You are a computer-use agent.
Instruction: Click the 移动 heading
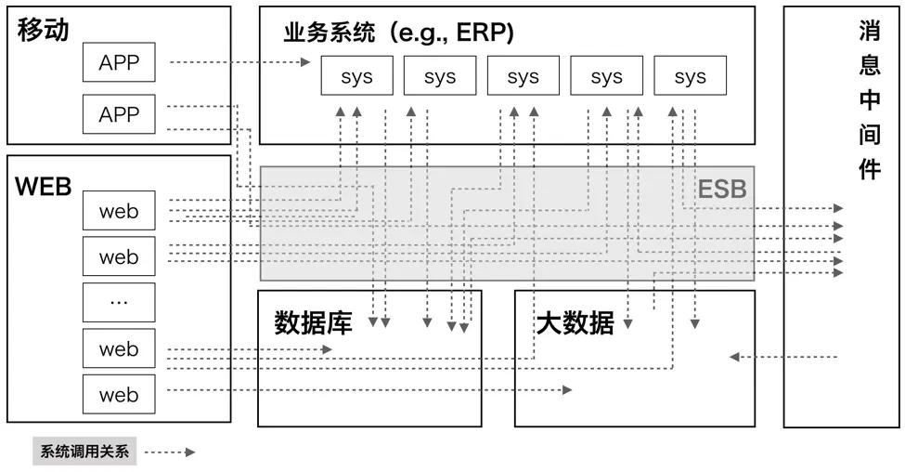coord(43,31)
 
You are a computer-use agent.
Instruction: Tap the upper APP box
coord(119,64)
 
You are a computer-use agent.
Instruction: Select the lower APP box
coord(119,115)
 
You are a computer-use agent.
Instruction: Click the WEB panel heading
coord(44,186)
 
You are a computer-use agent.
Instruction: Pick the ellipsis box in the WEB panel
coord(119,303)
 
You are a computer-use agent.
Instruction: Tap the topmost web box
coord(119,211)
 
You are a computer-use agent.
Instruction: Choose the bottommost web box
coord(119,395)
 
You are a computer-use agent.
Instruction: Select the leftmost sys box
coord(356,76)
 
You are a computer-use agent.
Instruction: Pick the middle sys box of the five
coord(524,76)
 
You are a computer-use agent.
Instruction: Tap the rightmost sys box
coord(690,76)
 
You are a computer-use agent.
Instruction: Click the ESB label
coord(722,190)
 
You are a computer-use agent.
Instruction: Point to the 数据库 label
coord(314,323)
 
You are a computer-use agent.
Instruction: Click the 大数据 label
coord(575,323)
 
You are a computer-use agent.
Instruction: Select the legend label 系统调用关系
coord(84,452)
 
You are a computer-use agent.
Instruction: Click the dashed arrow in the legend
coord(170,452)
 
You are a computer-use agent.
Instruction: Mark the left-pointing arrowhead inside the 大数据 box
coord(734,357)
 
